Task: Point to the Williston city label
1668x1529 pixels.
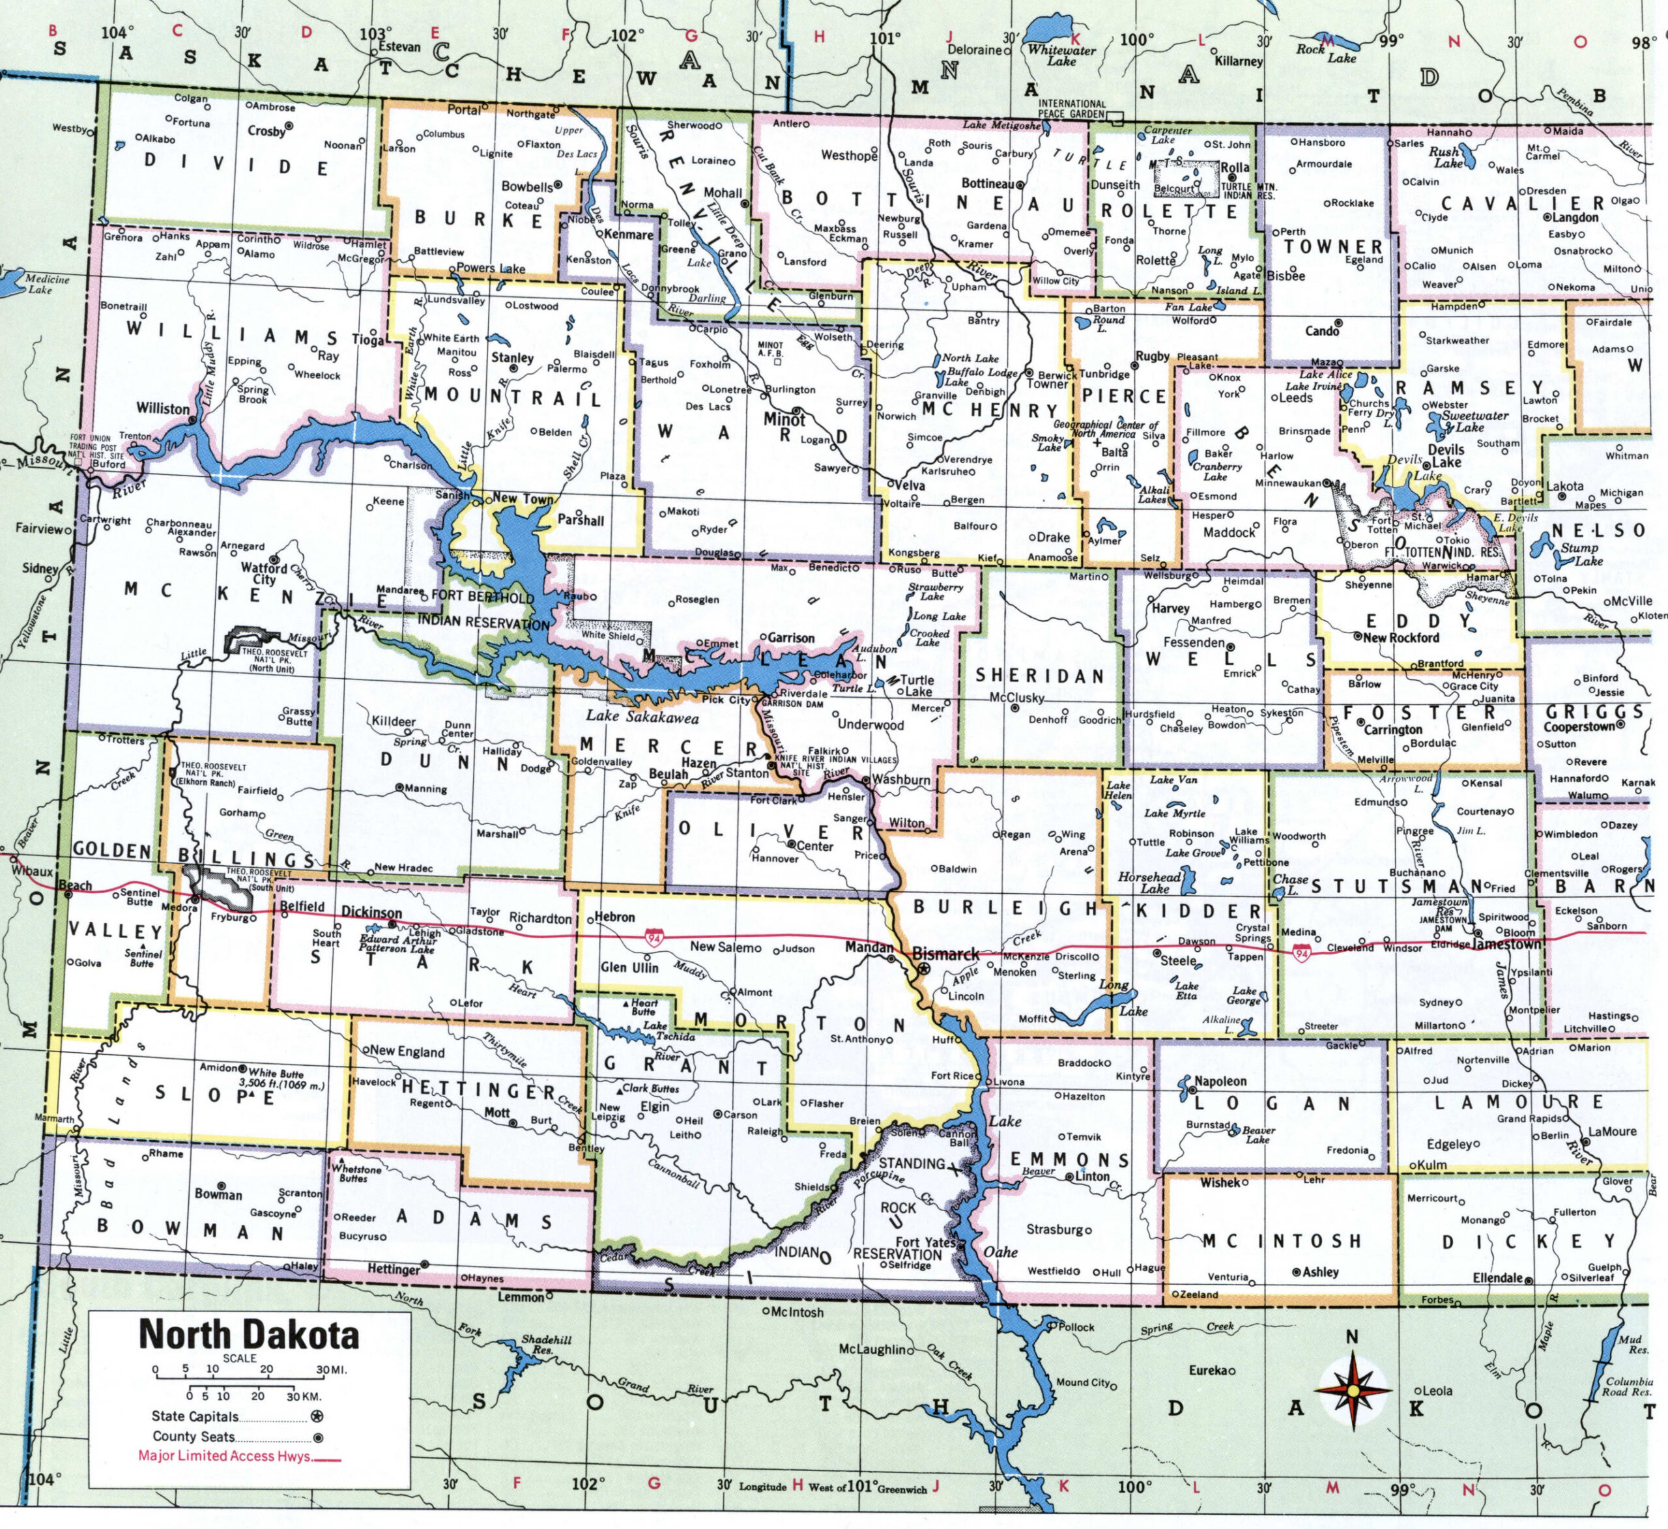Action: pos(163,408)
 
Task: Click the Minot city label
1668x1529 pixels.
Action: pos(784,420)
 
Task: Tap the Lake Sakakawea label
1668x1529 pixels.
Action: pos(642,717)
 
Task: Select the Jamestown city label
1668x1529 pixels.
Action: pos(1508,943)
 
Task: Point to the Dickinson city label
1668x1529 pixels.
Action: pos(371,912)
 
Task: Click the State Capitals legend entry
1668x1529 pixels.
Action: pos(195,1416)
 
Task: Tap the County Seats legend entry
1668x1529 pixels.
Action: pos(194,1436)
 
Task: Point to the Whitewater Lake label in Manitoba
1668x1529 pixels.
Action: pos(1061,55)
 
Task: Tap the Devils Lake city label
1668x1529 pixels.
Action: pos(1446,456)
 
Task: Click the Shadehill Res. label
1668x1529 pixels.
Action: pos(546,1345)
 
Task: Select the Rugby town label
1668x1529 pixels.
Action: pos(1153,356)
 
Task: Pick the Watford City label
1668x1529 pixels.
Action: pos(264,573)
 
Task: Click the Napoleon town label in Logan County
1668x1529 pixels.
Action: pos(1220,1081)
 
